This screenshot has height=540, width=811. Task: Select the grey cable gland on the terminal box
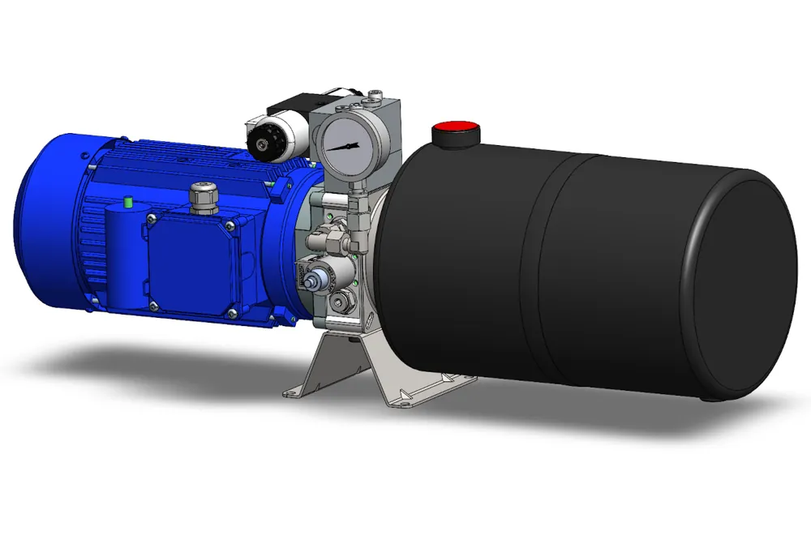pos(200,196)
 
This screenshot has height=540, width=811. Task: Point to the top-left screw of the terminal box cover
pos(148,217)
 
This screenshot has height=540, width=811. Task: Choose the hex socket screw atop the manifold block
pos(375,98)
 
